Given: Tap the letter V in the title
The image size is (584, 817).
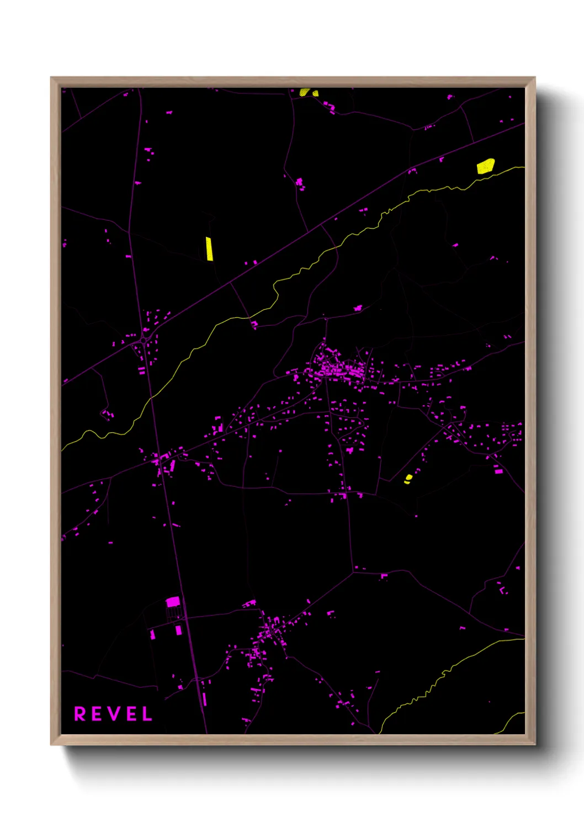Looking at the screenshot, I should pos(113,714).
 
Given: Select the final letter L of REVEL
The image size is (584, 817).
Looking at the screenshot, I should pos(147,714).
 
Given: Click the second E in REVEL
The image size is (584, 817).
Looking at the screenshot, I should pos(131,714).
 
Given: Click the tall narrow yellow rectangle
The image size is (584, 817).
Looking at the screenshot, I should pos(209,248).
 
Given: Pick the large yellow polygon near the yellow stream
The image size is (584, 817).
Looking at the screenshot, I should pos(485,166).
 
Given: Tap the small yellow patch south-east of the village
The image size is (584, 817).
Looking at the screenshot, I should pos(408,478).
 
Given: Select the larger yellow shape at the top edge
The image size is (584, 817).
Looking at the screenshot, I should pos(305,92).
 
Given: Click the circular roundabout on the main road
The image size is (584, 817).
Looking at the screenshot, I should pos(144,341).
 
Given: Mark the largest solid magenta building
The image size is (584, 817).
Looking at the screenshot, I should pos(173,601).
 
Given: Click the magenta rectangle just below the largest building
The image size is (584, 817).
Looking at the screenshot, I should pos(178,630).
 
